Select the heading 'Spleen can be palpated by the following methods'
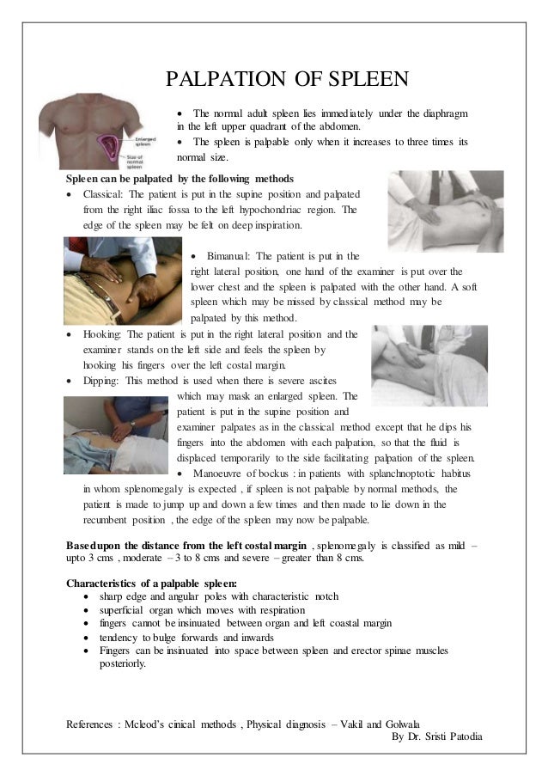tap(180, 179)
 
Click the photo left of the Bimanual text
tap(122, 279)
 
